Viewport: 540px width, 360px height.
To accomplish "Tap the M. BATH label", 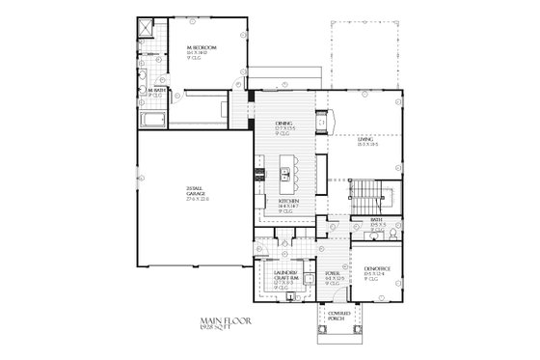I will click(155, 91).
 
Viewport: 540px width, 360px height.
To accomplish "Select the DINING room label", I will click(283, 123).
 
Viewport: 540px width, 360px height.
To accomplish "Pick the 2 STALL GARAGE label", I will click(197, 191).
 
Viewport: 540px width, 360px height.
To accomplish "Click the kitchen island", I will click(284, 175).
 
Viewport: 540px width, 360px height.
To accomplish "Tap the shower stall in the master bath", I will click(145, 29).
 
